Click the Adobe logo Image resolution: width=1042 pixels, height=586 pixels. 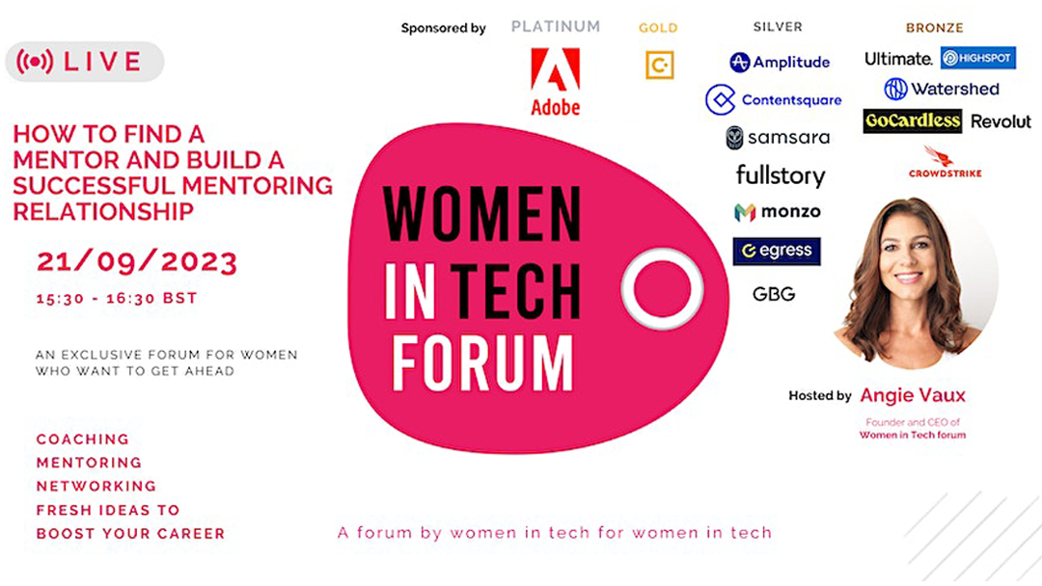pos(555,82)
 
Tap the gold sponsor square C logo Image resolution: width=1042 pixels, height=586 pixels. pos(659,65)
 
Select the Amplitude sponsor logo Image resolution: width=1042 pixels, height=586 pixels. pos(779,62)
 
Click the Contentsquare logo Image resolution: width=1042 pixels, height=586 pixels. pos(774,99)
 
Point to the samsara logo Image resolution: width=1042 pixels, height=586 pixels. pos(778,138)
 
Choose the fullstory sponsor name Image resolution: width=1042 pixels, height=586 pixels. pos(781,175)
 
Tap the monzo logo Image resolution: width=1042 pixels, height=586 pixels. pos(777,212)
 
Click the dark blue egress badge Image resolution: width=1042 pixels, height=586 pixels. pos(776,251)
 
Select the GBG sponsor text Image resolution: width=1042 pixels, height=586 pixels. pos(774,294)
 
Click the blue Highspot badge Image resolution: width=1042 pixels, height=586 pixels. pos(977,58)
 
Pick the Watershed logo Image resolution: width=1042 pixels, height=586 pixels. pos(941,89)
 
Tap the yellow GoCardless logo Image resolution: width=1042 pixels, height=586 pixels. pos(913,120)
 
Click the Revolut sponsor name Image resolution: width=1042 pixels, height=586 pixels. pos(1001,121)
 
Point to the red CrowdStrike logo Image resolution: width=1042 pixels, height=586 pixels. pos(945,163)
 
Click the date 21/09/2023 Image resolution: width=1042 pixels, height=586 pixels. pos(136,261)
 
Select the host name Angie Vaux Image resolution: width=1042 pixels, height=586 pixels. pos(913,395)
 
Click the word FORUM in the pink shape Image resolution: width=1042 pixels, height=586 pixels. pos(481,362)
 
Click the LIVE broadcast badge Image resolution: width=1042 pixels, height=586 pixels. pos(84,62)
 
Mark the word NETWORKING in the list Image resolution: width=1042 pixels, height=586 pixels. pos(96,487)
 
